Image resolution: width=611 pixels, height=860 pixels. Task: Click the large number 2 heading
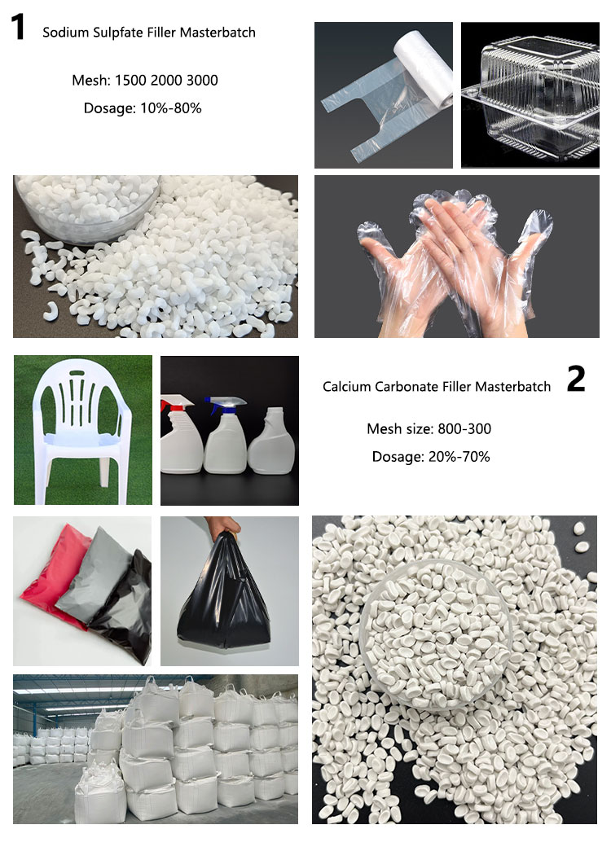point(575,379)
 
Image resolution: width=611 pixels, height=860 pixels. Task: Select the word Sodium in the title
point(64,33)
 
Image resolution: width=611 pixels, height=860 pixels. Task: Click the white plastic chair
point(81,432)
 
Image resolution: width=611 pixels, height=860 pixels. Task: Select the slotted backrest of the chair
point(84,399)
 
